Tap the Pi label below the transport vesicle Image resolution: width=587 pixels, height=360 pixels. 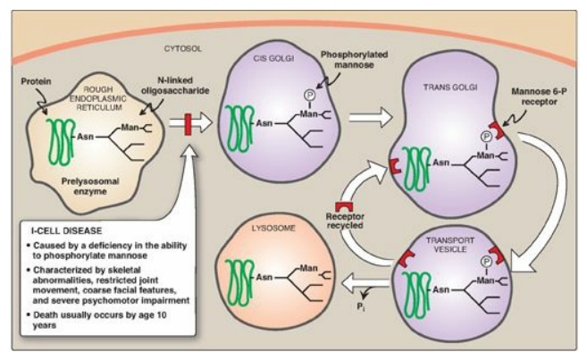361,303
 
